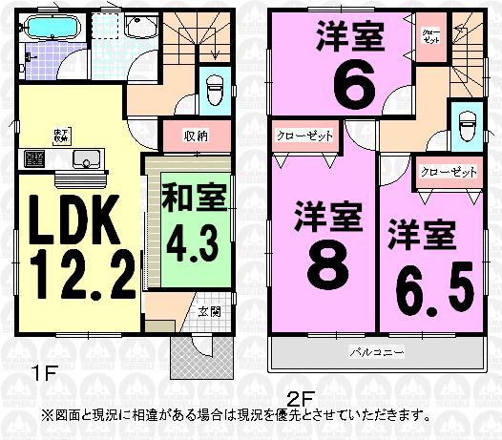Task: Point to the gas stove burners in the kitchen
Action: (x=33, y=158)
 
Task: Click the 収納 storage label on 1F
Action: (x=196, y=134)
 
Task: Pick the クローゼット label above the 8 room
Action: (x=305, y=136)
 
